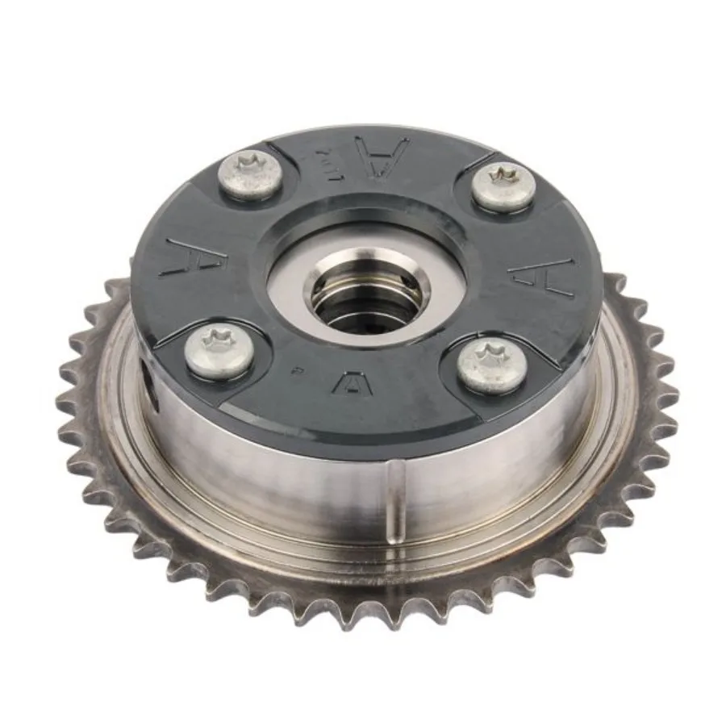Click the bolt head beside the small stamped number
(x=251, y=177)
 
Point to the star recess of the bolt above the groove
(x=493, y=359)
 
